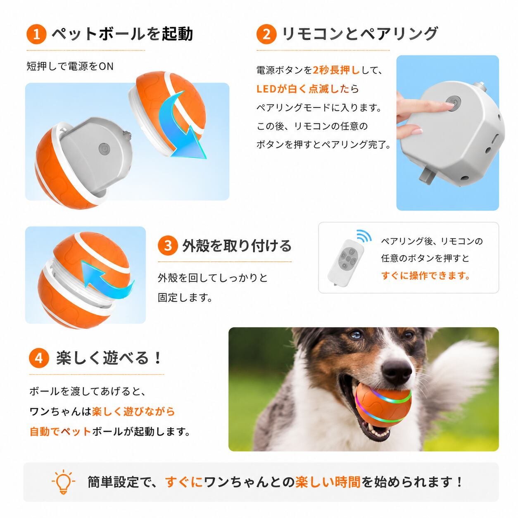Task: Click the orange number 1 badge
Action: click(37, 34)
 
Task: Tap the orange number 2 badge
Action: click(266, 34)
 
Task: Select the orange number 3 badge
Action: click(168, 245)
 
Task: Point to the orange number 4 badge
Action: click(39, 358)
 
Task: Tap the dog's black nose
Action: click(397, 372)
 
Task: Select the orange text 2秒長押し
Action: click(336, 70)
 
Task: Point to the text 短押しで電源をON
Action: click(70, 66)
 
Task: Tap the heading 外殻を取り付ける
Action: click(237, 246)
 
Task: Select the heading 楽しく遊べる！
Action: click(109, 358)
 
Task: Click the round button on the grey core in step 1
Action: click(104, 148)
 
